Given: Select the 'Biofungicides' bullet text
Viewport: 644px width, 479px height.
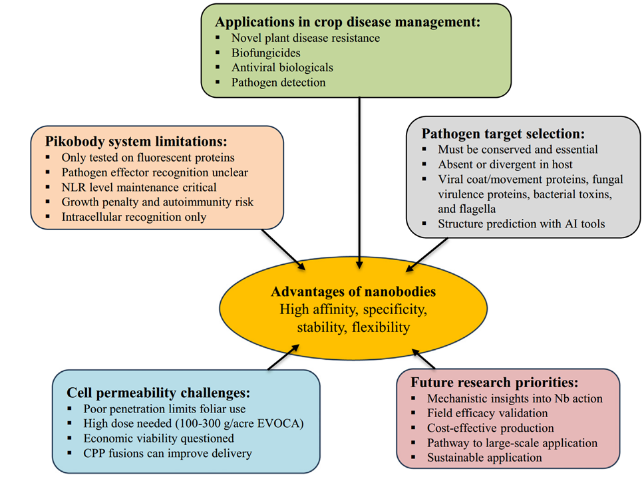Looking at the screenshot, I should [266, 53].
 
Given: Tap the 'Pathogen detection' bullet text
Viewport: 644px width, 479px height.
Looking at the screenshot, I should [278, 82].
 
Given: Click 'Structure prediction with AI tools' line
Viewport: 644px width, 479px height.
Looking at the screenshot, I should [522, 224].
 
